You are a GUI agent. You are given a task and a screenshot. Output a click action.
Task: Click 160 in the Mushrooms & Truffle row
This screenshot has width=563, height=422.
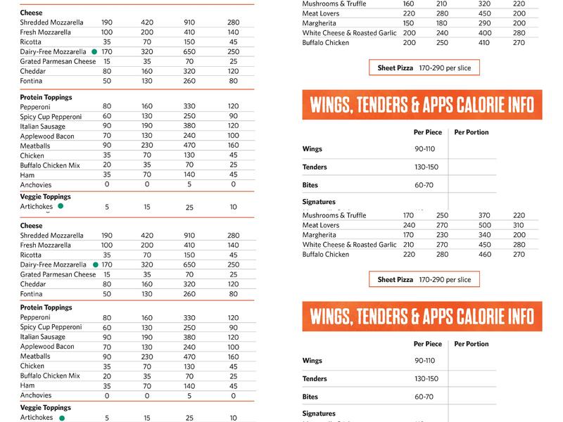pyautogui.click(x=409, y=4)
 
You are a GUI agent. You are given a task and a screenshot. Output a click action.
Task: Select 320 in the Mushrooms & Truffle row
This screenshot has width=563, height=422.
pyautogui.click(x=485, y=4)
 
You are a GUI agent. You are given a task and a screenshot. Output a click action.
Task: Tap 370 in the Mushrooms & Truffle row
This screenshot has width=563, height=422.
pyautogui.click(x=485, y=215)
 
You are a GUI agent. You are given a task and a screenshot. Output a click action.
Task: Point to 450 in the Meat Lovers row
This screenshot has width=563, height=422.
pyautogui.click(x=485, y=13)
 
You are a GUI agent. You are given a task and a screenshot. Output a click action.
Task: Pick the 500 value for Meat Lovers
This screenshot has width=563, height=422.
pyautogui.click(x=485, y=225)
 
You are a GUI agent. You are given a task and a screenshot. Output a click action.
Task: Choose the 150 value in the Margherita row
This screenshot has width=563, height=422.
pyautogui.click(x=409, y=23)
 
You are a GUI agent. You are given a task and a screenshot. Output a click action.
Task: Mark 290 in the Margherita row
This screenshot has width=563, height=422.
pyautogui.click(x=485, y=23)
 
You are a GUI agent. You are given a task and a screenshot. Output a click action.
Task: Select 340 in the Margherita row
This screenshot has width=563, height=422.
pyautogui.click(x=485, y=235)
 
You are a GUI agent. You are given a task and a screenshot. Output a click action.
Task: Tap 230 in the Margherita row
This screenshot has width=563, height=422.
pyautogui.click(x=442, y=235)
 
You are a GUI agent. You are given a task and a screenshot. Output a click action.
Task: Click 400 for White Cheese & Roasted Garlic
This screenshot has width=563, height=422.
pyautogui.click(x=485, y=33)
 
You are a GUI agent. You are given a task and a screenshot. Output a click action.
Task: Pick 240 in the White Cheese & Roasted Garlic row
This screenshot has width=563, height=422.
pyautogui.click(x=442, y=33)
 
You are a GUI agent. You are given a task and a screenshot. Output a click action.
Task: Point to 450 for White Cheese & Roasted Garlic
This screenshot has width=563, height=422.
pyautogui.click(x=485, y=245)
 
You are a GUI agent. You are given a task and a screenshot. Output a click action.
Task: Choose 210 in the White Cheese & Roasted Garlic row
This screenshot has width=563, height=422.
pyautogui.click(x=409, y=245)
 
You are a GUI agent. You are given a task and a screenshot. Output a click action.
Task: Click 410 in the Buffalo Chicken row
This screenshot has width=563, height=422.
pyautogui.click(x=485, y=43)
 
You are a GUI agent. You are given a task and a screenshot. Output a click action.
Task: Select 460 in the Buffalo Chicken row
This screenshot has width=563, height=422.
pyautogui.click(x=485, y=255)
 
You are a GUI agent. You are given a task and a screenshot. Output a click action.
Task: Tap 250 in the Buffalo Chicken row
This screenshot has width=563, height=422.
pyautogui.click(x=442, y=43)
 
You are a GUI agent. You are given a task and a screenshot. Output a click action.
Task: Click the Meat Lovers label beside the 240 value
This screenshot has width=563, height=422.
pyautogui.click(x=321, y=225)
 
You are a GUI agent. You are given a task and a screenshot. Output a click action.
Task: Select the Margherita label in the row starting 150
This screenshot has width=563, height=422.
pyautogui.click(x=319, y=23)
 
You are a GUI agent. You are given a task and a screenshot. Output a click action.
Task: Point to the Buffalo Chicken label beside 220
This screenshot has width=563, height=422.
pyautogui.click(x=326, y=255)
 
